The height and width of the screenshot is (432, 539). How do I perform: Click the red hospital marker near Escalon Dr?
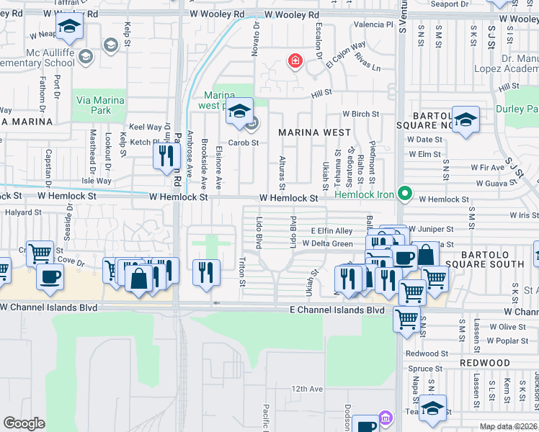[295, 62]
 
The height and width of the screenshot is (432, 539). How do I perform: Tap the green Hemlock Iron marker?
[405, 193]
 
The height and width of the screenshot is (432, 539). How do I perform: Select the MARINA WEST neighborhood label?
[315, 132]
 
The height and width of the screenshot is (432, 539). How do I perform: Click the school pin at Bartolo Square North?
[466, 120]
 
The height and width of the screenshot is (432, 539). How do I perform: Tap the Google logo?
[24, 423]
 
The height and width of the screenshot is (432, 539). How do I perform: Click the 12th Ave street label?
[308, 389]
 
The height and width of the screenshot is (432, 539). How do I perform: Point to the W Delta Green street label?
[328, 243]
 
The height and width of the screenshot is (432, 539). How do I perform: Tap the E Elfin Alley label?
[331, 230]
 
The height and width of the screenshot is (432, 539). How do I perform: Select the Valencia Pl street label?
[373, 24]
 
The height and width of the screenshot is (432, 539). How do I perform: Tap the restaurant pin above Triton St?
[207, 272]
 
